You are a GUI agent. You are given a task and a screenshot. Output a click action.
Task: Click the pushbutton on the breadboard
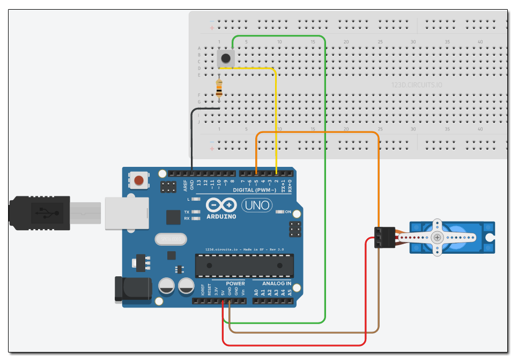[226, 58]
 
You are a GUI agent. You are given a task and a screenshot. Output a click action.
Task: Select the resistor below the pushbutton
[219, 89]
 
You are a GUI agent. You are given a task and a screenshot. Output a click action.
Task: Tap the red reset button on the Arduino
[139, 180]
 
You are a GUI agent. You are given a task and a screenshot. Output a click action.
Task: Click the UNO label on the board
[257, 204]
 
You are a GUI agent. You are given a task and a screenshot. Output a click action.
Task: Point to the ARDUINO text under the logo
[221, 216]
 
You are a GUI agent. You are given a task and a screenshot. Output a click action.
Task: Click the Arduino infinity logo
[221, 205]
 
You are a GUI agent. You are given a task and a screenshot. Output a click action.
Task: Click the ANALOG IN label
[277, 283]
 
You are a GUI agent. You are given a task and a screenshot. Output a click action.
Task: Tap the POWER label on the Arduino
[235, 283]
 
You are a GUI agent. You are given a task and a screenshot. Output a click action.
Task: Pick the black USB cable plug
[40, 212]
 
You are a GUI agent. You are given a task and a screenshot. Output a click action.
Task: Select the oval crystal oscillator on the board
[169, 238]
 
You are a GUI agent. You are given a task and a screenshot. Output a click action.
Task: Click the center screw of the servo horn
[438, 237]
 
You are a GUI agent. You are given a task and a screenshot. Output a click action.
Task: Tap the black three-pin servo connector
[384, 237]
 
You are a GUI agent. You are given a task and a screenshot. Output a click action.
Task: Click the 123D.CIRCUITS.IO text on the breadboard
[417, 85]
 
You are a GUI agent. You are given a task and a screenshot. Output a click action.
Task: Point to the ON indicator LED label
[287, 212]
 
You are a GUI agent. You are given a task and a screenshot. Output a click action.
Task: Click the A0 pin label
[256, 292]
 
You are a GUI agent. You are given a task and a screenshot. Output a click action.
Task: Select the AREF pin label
[186, 185]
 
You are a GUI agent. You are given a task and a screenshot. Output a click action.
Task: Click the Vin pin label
[243, 292]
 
